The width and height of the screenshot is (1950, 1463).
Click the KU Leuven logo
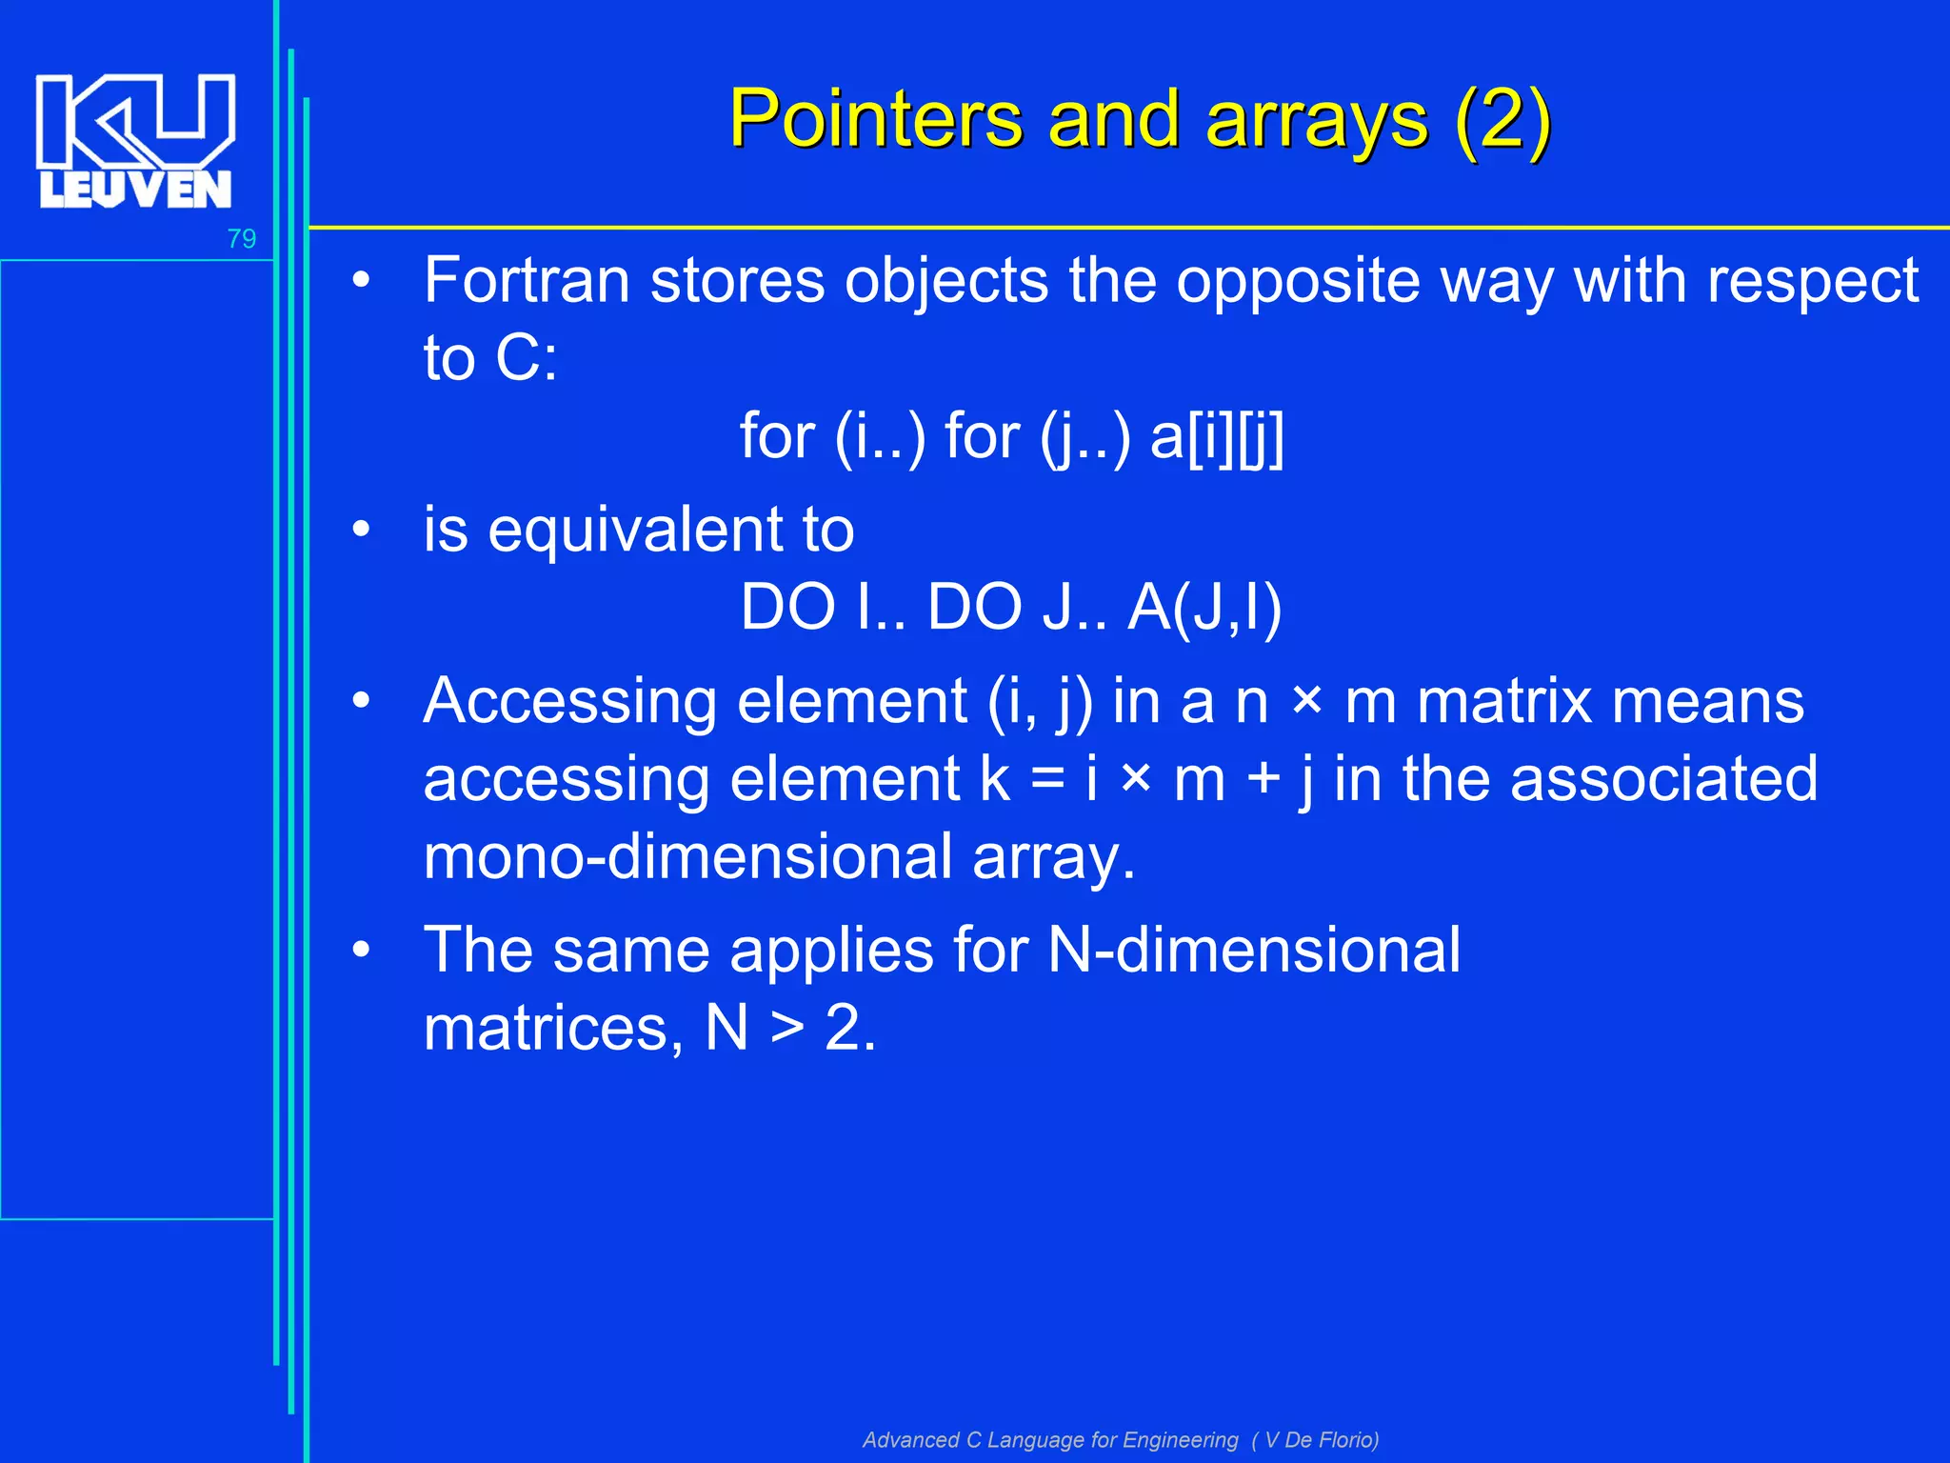point(134,140)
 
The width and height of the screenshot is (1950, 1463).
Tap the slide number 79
point(242,238)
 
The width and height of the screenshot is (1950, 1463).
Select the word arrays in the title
point(1317,120)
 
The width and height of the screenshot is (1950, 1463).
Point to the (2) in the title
point(1503,120)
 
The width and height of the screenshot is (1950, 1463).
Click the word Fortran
point(527,281)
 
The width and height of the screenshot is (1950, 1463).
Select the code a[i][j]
point(1217,437)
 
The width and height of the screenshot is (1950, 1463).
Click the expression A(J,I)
point(1204,607)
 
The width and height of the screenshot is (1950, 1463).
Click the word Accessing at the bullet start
point(569,702)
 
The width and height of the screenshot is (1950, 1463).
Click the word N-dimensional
point(1253,950)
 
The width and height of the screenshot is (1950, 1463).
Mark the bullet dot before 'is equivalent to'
point(360,530)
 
